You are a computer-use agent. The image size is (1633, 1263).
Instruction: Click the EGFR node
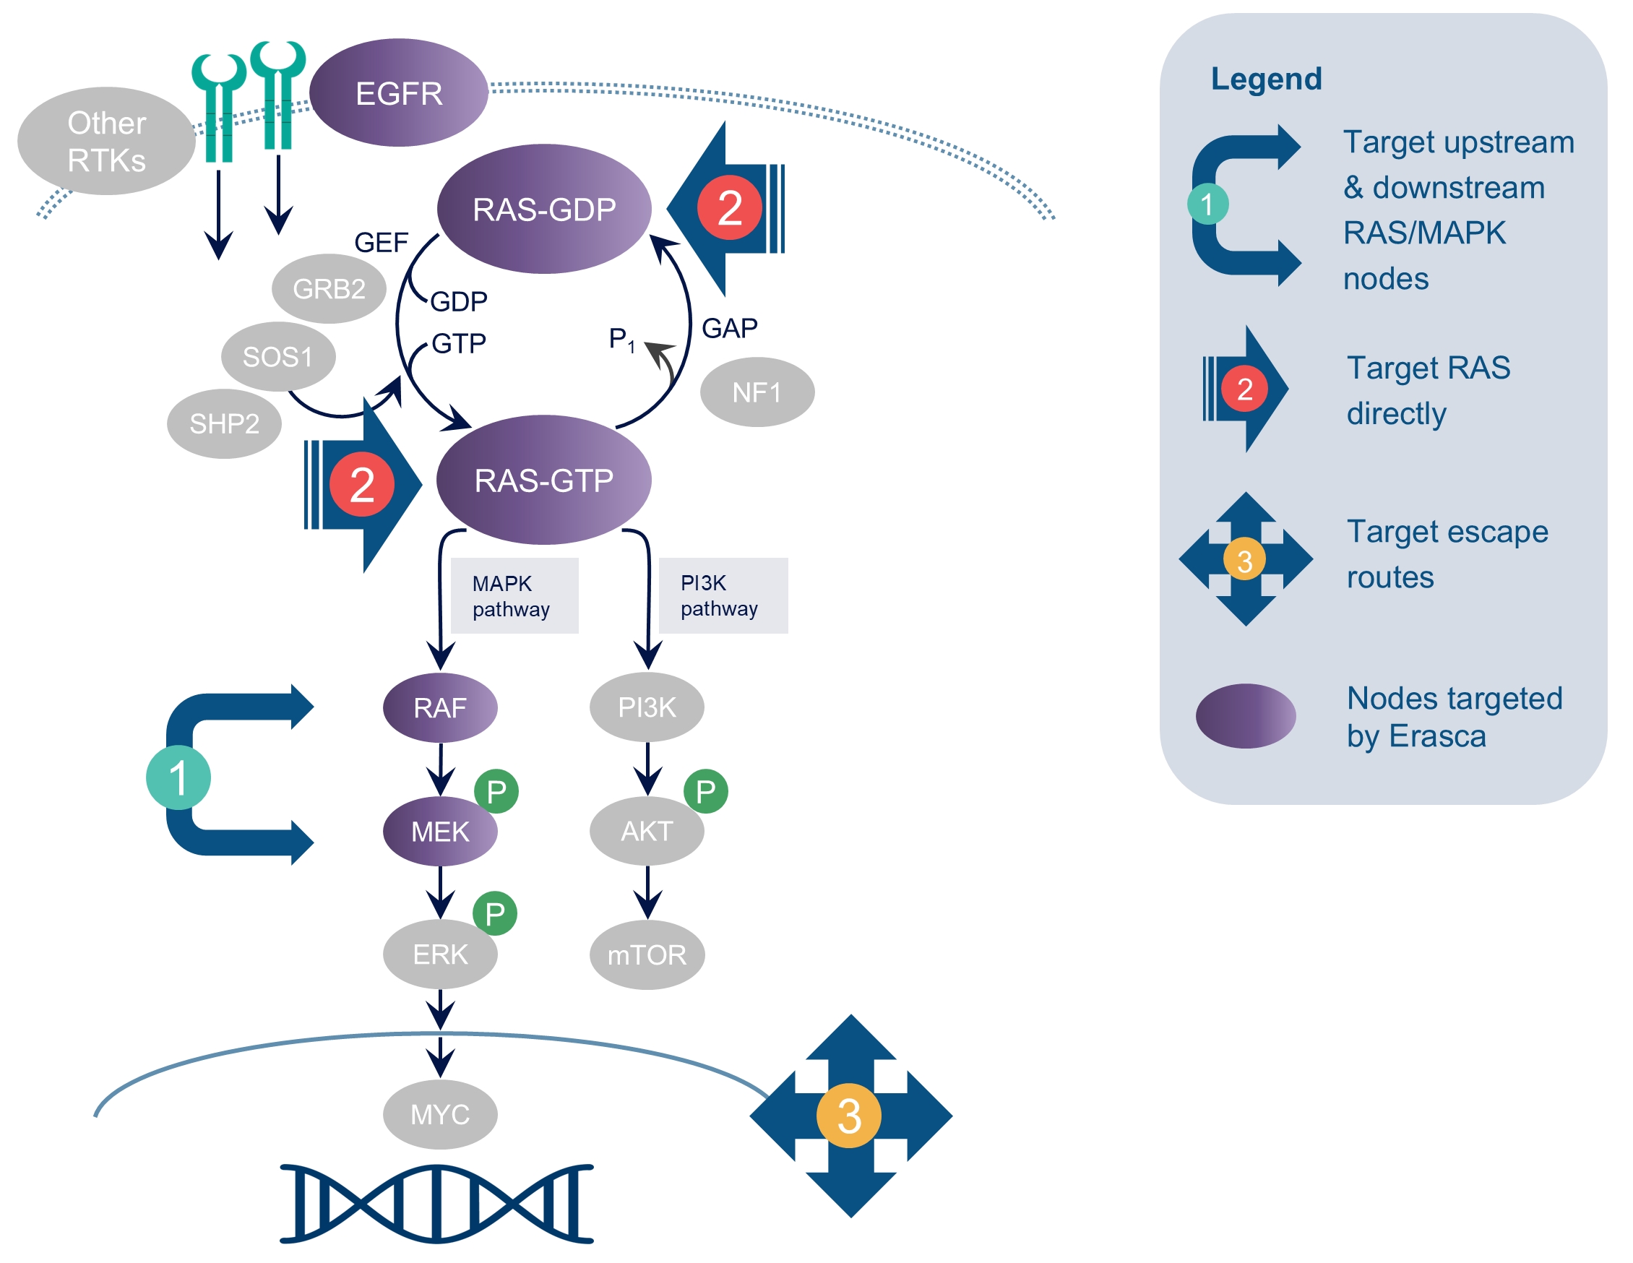(399, 92)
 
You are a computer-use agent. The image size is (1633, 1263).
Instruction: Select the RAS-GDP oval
(543, 209)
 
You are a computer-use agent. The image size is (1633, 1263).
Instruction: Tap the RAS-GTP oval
(543, 480)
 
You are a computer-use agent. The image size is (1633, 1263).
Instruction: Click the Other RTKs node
(106, 142)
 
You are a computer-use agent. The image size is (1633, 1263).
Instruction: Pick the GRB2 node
(329, 288)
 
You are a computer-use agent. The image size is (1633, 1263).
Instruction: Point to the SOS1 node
(277, 357)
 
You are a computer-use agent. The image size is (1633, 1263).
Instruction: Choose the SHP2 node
(224, 424)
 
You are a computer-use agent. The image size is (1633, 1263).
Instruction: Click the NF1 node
(757, 392)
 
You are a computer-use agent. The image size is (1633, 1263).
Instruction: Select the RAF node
(439, 707)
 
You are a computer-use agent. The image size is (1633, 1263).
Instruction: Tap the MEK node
(439, 832)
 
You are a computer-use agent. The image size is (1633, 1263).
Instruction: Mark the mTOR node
(647, 955)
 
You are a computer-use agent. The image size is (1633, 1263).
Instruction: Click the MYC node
(439, 1114)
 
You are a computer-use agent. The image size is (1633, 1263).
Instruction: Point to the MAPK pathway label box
(514, 596)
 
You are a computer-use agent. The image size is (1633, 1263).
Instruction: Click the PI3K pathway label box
(723, 595)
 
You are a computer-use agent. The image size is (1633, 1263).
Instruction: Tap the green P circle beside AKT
(705, 791)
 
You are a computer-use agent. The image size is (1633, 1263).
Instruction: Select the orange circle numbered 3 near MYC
(848, 1116)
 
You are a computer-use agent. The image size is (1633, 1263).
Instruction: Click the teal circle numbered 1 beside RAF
(178, 777)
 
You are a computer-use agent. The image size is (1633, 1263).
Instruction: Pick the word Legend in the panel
(1266, 79)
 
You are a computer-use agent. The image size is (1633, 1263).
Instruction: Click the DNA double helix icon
(436, 1204)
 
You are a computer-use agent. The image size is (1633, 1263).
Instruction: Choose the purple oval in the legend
(1246, 715)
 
